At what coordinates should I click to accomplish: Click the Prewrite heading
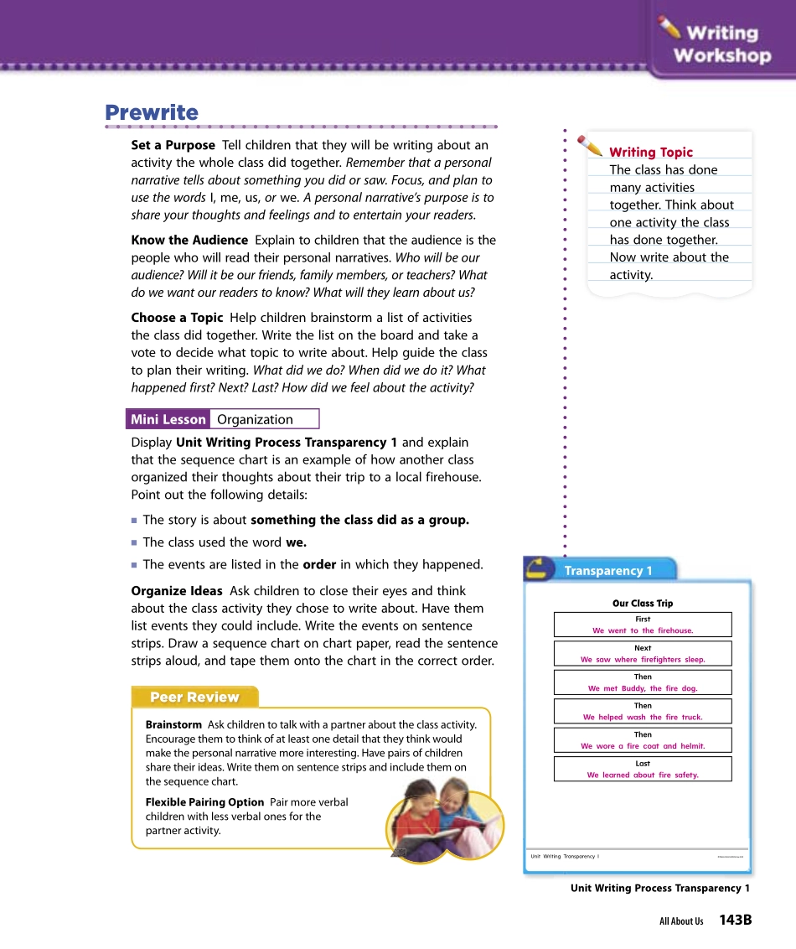click(x=152, y=112)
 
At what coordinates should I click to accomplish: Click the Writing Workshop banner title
click(x=721, y=44)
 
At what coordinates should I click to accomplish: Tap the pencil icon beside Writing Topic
click(x=590, y=146)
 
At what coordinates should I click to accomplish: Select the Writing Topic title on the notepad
click(x=651, y=152)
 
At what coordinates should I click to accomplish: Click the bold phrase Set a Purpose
click(x=173, y=145)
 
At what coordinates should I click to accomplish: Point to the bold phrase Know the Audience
click(x=189, y=240)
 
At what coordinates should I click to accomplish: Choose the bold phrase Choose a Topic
click(x=177, y=318)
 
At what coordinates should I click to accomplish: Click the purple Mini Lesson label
click(x=168, y=419)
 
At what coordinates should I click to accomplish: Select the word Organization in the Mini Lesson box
click(x=255, y=419)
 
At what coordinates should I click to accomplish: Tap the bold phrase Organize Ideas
click(x=177, y=591)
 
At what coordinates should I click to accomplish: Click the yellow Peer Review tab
click(x=194, y=697)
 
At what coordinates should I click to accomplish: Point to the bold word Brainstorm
click(x=173, y=724)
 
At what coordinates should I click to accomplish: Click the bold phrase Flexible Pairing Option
click(x=204, y=802)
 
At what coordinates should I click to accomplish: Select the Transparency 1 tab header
click(x=607, y=571)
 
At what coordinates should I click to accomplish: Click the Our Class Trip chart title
click(x=643, y=604)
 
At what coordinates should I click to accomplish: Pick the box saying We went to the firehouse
click(x=643, y=625)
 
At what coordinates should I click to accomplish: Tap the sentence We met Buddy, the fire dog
click(x=643, y=688)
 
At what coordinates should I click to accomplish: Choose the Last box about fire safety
click(x=643, y=770)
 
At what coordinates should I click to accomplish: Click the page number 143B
click(x=735, y=920)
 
